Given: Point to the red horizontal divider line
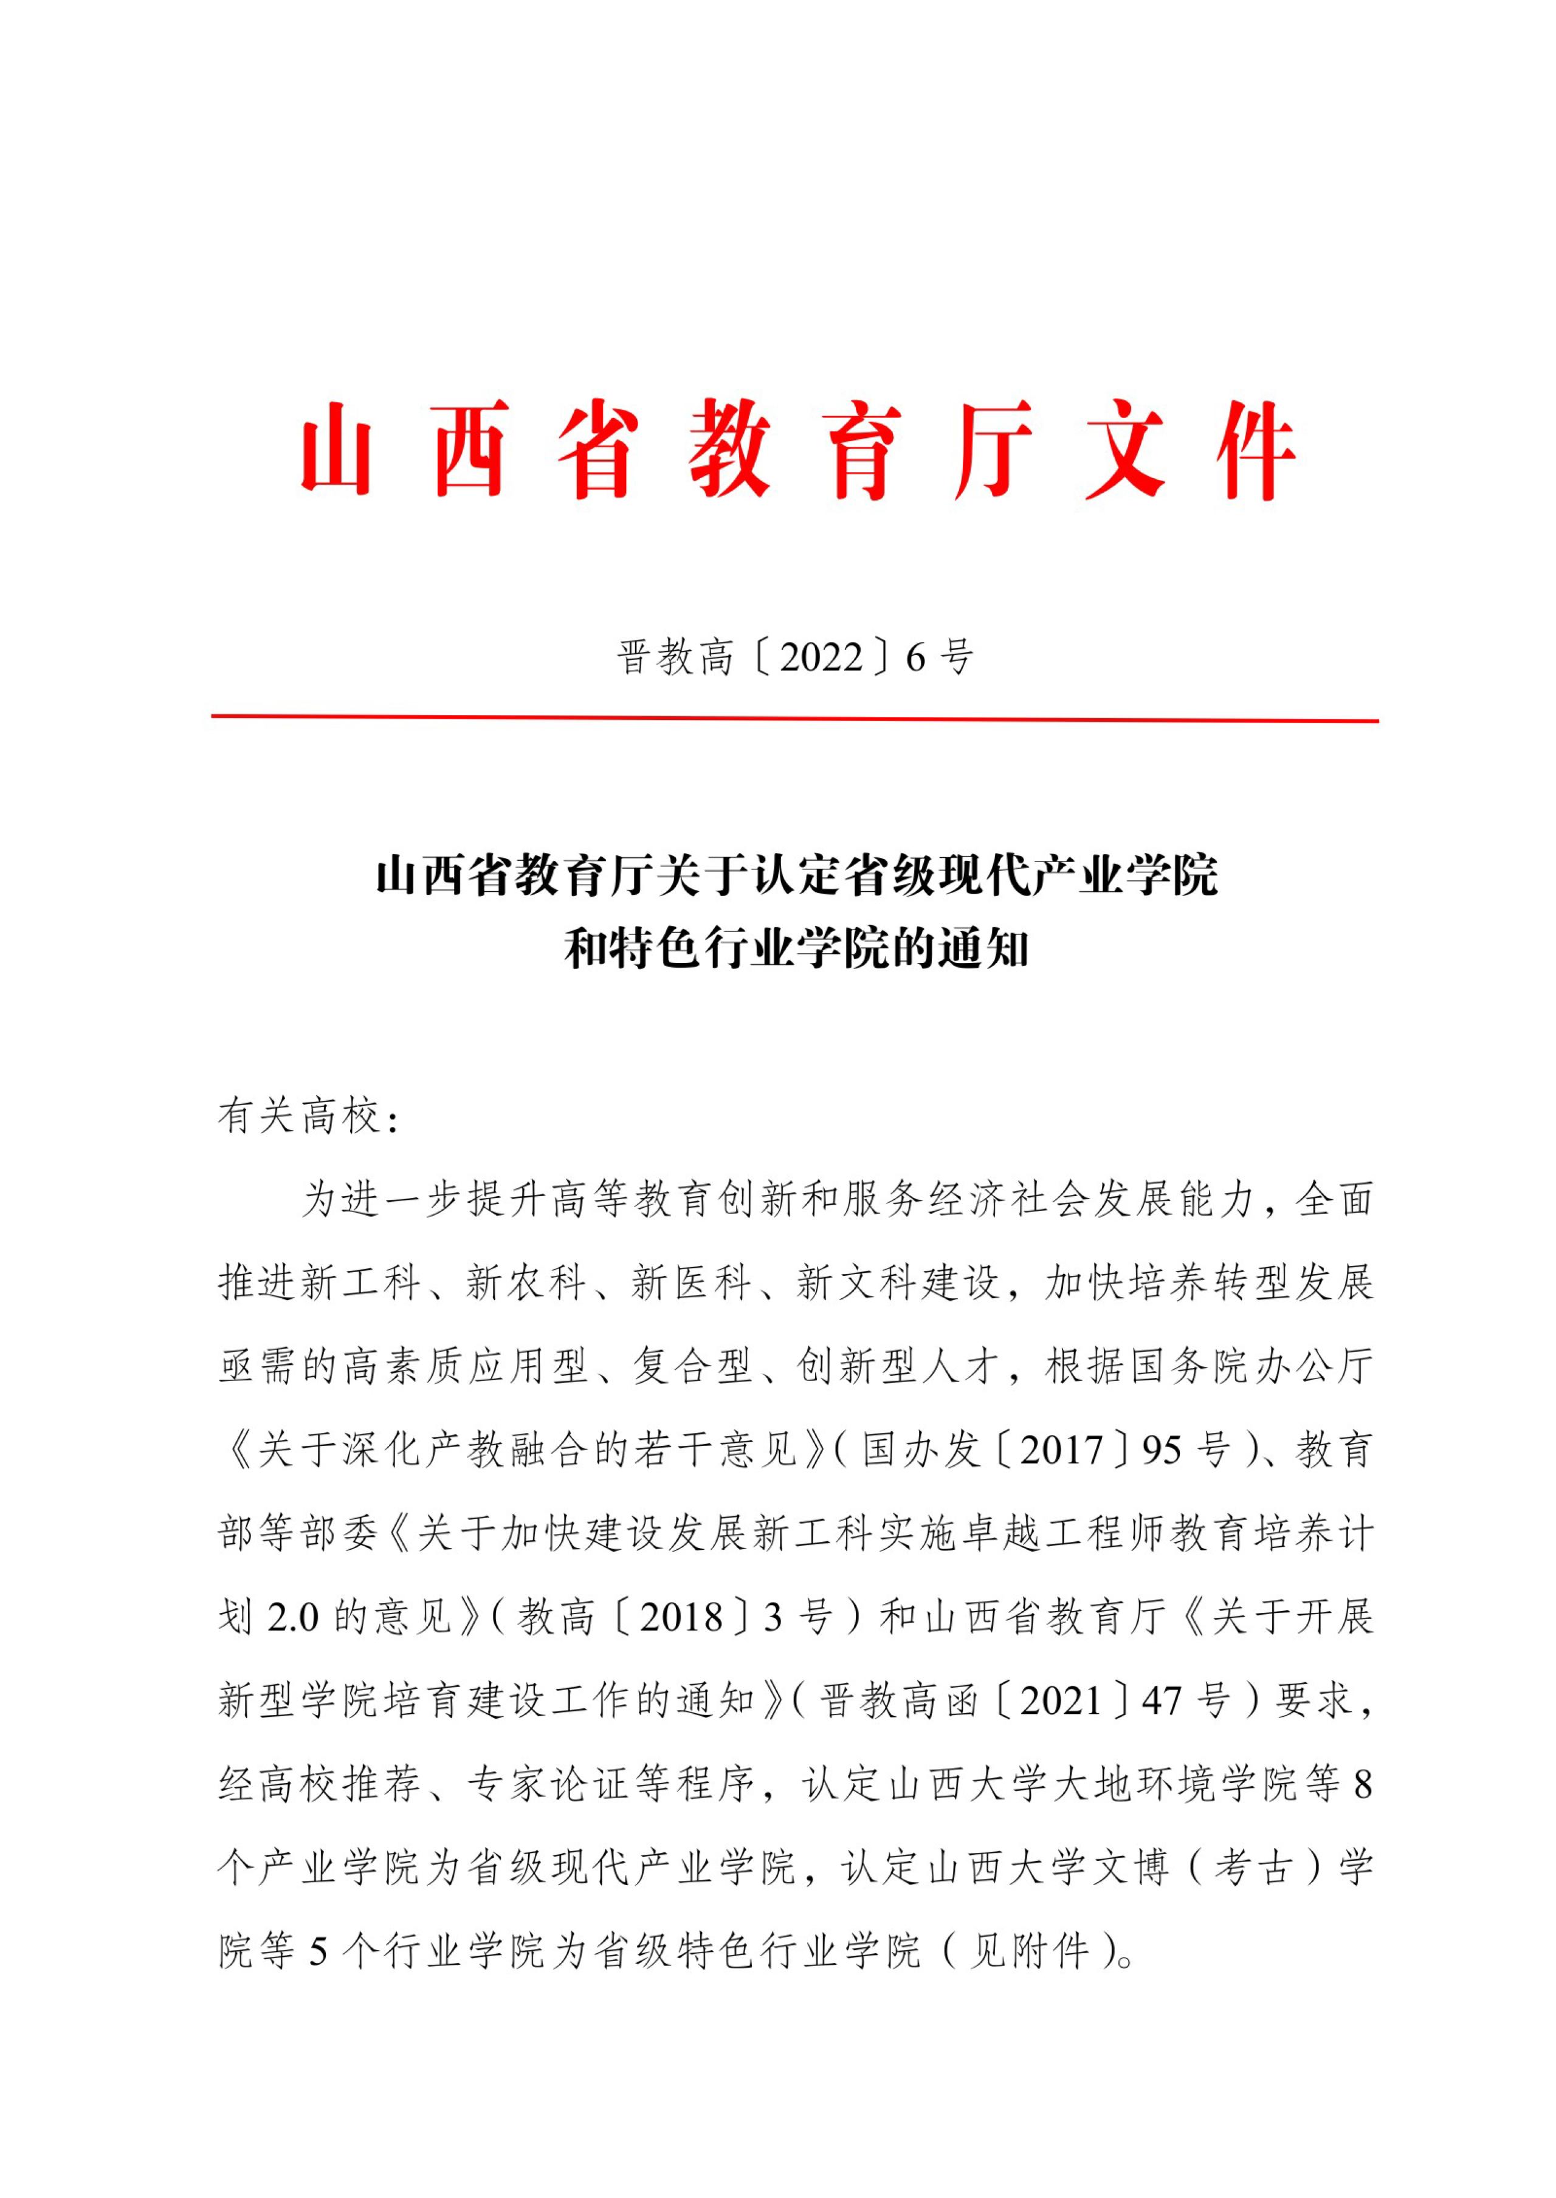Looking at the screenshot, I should (794, 718).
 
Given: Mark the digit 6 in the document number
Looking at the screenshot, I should (916, 658).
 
